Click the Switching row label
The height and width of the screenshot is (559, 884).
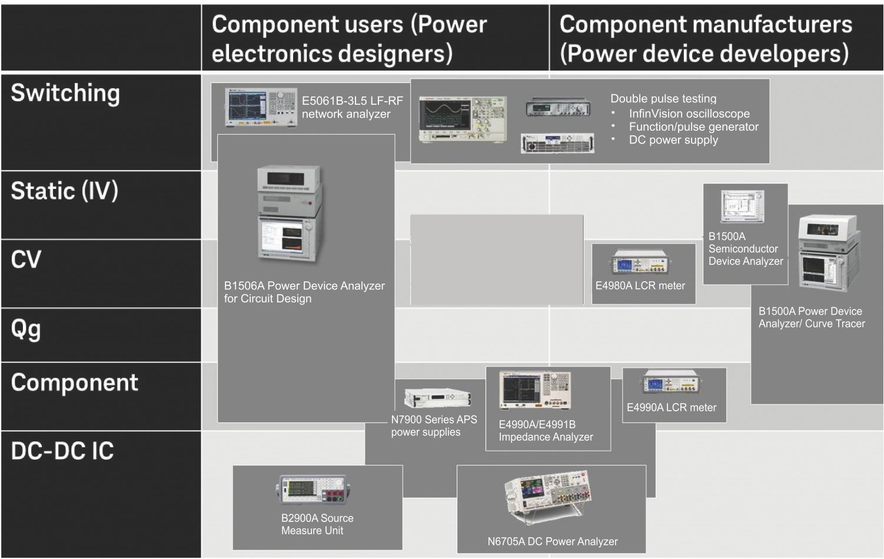(65, 94)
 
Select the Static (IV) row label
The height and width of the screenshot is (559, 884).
(64, 191)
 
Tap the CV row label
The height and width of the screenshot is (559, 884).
(26, 259)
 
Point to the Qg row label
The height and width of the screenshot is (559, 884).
(26, 329)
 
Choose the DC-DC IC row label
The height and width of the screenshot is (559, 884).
(62, 451)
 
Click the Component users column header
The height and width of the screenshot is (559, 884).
(349, 39)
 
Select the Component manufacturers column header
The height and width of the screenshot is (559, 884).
(706, 39)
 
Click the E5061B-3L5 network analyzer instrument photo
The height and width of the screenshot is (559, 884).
(261, 107)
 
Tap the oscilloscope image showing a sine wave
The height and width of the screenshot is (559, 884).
(463, 119)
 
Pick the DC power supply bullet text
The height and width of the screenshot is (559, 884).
(673, 140)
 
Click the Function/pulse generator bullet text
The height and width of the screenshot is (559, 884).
(693, 127)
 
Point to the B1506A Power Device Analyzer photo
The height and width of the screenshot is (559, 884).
(290, 214)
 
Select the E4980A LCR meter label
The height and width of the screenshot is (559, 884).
(640, 285)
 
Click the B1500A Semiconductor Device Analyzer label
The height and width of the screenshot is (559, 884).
(746, 248)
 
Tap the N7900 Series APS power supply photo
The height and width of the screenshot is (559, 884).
(438, 398)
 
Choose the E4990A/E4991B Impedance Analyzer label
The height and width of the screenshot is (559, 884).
(546, 430)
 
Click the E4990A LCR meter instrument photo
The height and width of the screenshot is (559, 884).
(671, 382)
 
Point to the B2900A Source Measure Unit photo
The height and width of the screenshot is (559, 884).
(313, 490)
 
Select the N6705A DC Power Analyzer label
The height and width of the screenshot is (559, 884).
(553, 541)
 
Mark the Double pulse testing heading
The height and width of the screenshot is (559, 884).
(663, 99)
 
